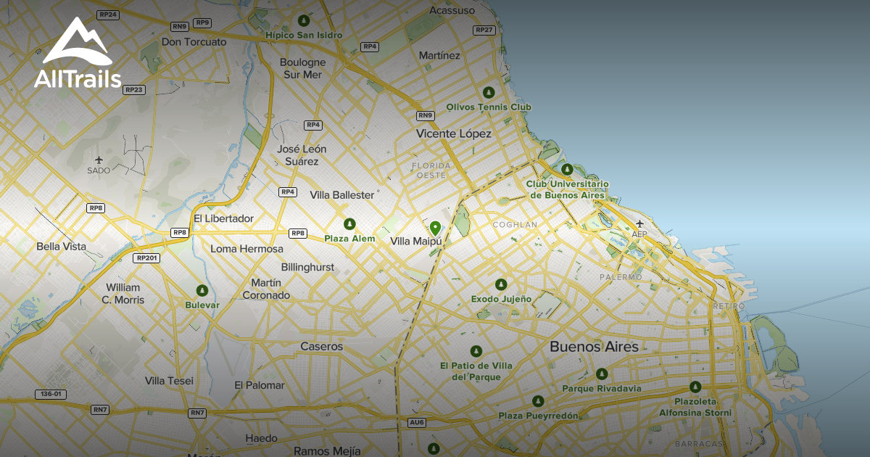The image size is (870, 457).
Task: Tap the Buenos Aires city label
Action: (594, 347)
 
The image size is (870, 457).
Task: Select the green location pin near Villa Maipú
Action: (435, 228)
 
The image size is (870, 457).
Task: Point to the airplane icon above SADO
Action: (99, 160)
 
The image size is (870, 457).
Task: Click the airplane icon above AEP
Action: (639, 223)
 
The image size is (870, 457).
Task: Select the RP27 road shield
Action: (484, 30)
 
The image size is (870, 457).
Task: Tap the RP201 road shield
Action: (146, 258)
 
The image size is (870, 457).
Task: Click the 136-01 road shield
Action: (51, 395)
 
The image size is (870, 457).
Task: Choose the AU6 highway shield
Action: (417, 422)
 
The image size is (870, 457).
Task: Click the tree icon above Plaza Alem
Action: (349, 224)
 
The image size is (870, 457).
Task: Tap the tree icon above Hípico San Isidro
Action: (303, 21)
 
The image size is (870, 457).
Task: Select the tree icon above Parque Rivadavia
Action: (602, 374)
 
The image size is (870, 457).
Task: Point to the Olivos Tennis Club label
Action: (489, 107)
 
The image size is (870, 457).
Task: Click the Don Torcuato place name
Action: (194, 42)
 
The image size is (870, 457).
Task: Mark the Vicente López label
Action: (454, 133)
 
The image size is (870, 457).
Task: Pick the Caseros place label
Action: (322, 347)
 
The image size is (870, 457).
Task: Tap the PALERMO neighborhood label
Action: (621, 277)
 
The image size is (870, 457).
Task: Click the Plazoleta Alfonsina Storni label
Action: (695, 407)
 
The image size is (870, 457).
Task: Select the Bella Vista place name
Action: (61, 247)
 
